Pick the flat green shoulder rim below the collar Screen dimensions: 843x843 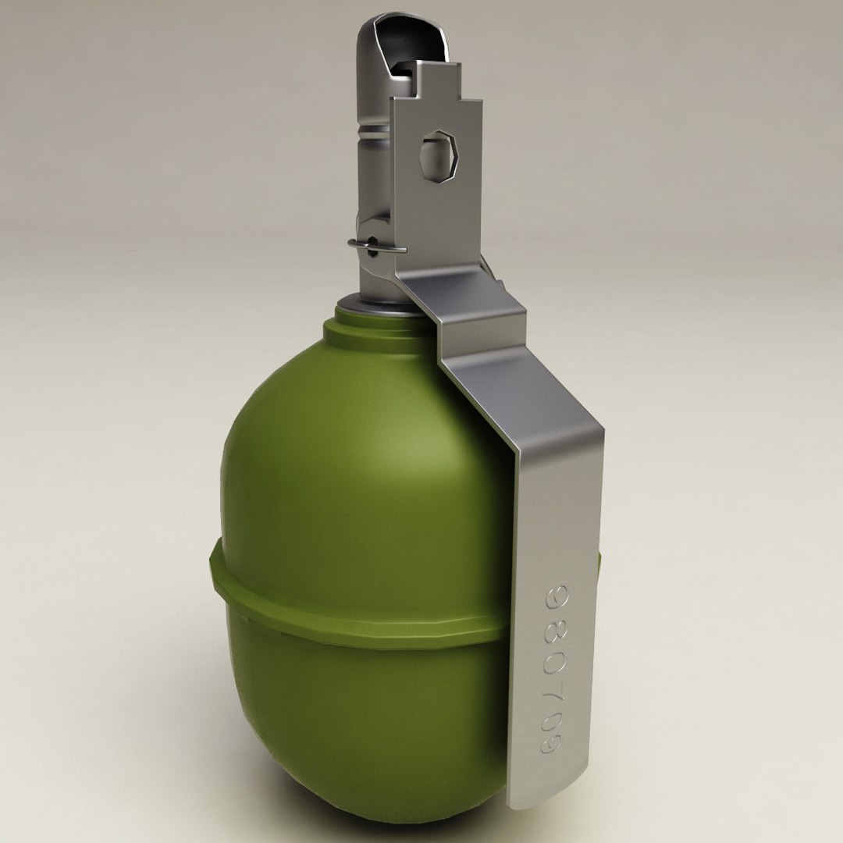click(x=367, y=328)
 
